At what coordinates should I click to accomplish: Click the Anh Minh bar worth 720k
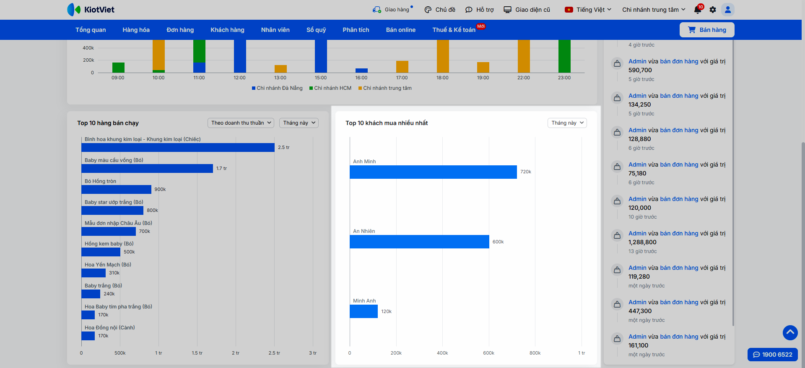[x=433, y=172]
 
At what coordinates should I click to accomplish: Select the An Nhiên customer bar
[x=419, y=242]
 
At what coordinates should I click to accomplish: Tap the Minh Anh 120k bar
[x=364, y=311]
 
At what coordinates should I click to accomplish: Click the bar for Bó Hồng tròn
[x=116, y=189]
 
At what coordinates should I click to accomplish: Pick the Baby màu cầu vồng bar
[x=147, y=168]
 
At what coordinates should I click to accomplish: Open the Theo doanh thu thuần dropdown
[x=241, y=123]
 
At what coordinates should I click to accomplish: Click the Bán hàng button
[x=707, y=30]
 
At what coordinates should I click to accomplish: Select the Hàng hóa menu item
[x=136, y=30]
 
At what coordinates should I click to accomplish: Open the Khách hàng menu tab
[x=227, y=30]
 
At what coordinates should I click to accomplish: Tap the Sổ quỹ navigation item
[x=316, y=30]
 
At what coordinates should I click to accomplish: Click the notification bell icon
[x=698, y=10]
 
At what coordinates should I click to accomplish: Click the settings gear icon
[x=713, y=10]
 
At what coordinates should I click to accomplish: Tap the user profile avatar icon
[x=728, y=10]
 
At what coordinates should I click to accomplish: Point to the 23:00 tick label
[x=564, y=78]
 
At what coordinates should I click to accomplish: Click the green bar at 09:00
[x=118, y=68]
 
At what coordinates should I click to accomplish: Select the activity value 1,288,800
[x=642, y=242]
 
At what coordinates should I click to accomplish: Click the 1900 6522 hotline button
[x=773, y=355]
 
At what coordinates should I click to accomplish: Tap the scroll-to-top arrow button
[x=790, y=333]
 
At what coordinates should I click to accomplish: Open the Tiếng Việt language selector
[x=588, y=10]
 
